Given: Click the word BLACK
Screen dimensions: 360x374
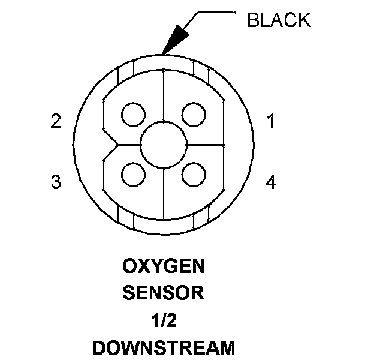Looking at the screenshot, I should pyautogui.click(x=279, y=20).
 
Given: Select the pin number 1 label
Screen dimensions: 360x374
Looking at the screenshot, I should pyautogui.click(x=271, y=122).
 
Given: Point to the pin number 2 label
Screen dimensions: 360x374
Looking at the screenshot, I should pyautogui.click(x=56, y=122).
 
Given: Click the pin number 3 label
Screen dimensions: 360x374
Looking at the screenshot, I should pyautogui.click(x=56, y=182).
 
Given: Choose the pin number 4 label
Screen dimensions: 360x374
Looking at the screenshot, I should pyautogui.click(x=271, y=182).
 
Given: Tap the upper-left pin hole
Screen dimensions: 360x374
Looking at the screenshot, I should pyautogui.click(x=132, y=113).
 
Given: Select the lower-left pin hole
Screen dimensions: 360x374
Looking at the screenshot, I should pyautogui.click(x=132, y=175).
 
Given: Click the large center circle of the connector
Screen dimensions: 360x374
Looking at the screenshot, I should pyautogui.click(x=163, y=144).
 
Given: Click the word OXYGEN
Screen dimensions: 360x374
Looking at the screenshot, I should pyautogui.click(x=163, y=265).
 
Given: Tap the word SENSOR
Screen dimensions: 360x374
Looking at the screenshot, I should pyautogui.click(x=163, y=293).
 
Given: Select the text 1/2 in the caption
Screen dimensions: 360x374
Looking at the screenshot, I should pyautogui.click(x=163, y=321).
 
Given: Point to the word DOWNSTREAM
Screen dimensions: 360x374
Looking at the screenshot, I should pyautogui.click(x=163, y=348).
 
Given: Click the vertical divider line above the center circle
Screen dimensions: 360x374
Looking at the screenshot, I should pyautogui.click(x=164, y=102).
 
